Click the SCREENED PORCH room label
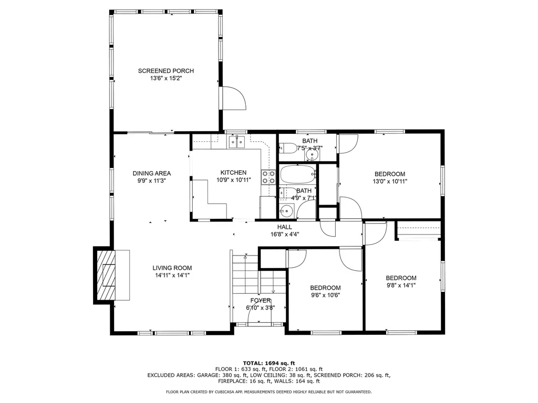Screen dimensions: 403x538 [x=166, y=71]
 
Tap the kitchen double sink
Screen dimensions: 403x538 [x=237, y=142]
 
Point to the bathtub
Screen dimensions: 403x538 [x=298, y=174]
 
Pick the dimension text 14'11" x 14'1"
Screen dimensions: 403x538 [x=172, y=274]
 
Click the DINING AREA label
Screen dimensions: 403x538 [x=151, y=173]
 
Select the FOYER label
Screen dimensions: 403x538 [x=260, y=300]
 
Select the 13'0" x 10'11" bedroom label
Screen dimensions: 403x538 [x=389, y=174]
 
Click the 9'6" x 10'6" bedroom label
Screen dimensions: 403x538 [x=325, y=288]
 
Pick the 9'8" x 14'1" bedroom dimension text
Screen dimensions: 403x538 [x=401, y=286]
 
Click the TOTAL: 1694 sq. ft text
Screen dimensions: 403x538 [x=268, y=363]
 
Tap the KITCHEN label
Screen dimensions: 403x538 [x=233, y=173]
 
